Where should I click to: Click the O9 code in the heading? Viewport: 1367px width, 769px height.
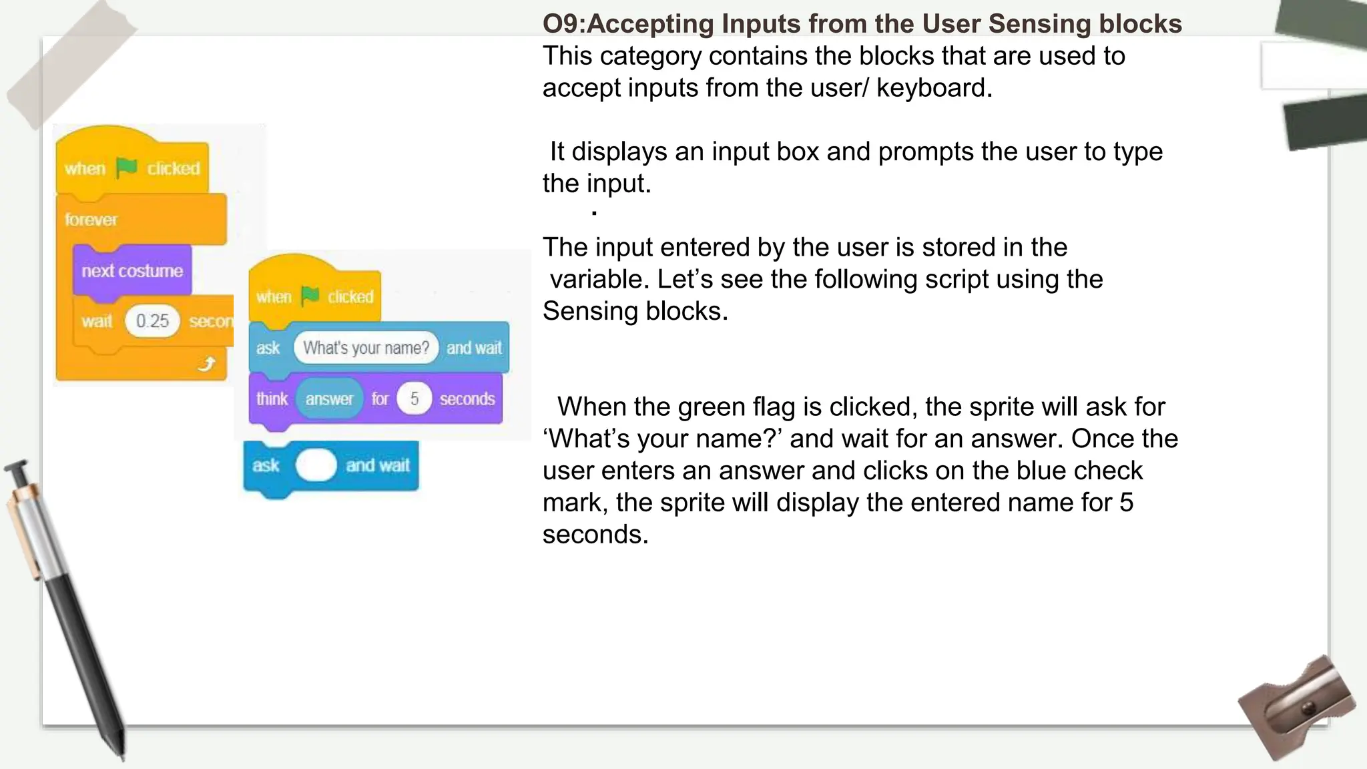(x=563, y=24)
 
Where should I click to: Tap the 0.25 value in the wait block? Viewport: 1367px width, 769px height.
(x=152, y=321)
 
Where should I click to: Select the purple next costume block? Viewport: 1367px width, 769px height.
(x=132, y=271)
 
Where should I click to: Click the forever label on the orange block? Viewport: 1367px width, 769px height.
(x=91, y=220)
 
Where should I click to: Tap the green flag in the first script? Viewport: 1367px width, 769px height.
(x=126, y=168)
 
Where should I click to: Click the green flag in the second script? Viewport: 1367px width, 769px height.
(x=310, y=296)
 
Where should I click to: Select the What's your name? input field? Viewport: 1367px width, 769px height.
(x=366, y=348)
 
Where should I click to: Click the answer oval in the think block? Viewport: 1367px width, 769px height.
(x=329, y=399)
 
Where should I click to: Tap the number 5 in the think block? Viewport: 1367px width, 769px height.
(x=415, y=399)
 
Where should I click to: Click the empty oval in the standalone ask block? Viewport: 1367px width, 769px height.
(x=316, y=465)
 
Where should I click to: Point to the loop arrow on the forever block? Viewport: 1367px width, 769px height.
(x=208, y=364)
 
